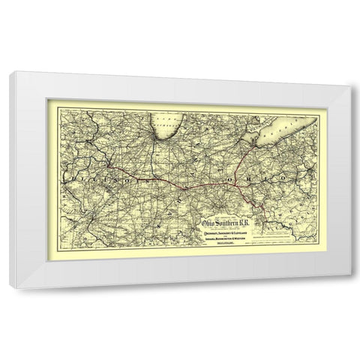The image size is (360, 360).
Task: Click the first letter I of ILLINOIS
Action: pos(73,181)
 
